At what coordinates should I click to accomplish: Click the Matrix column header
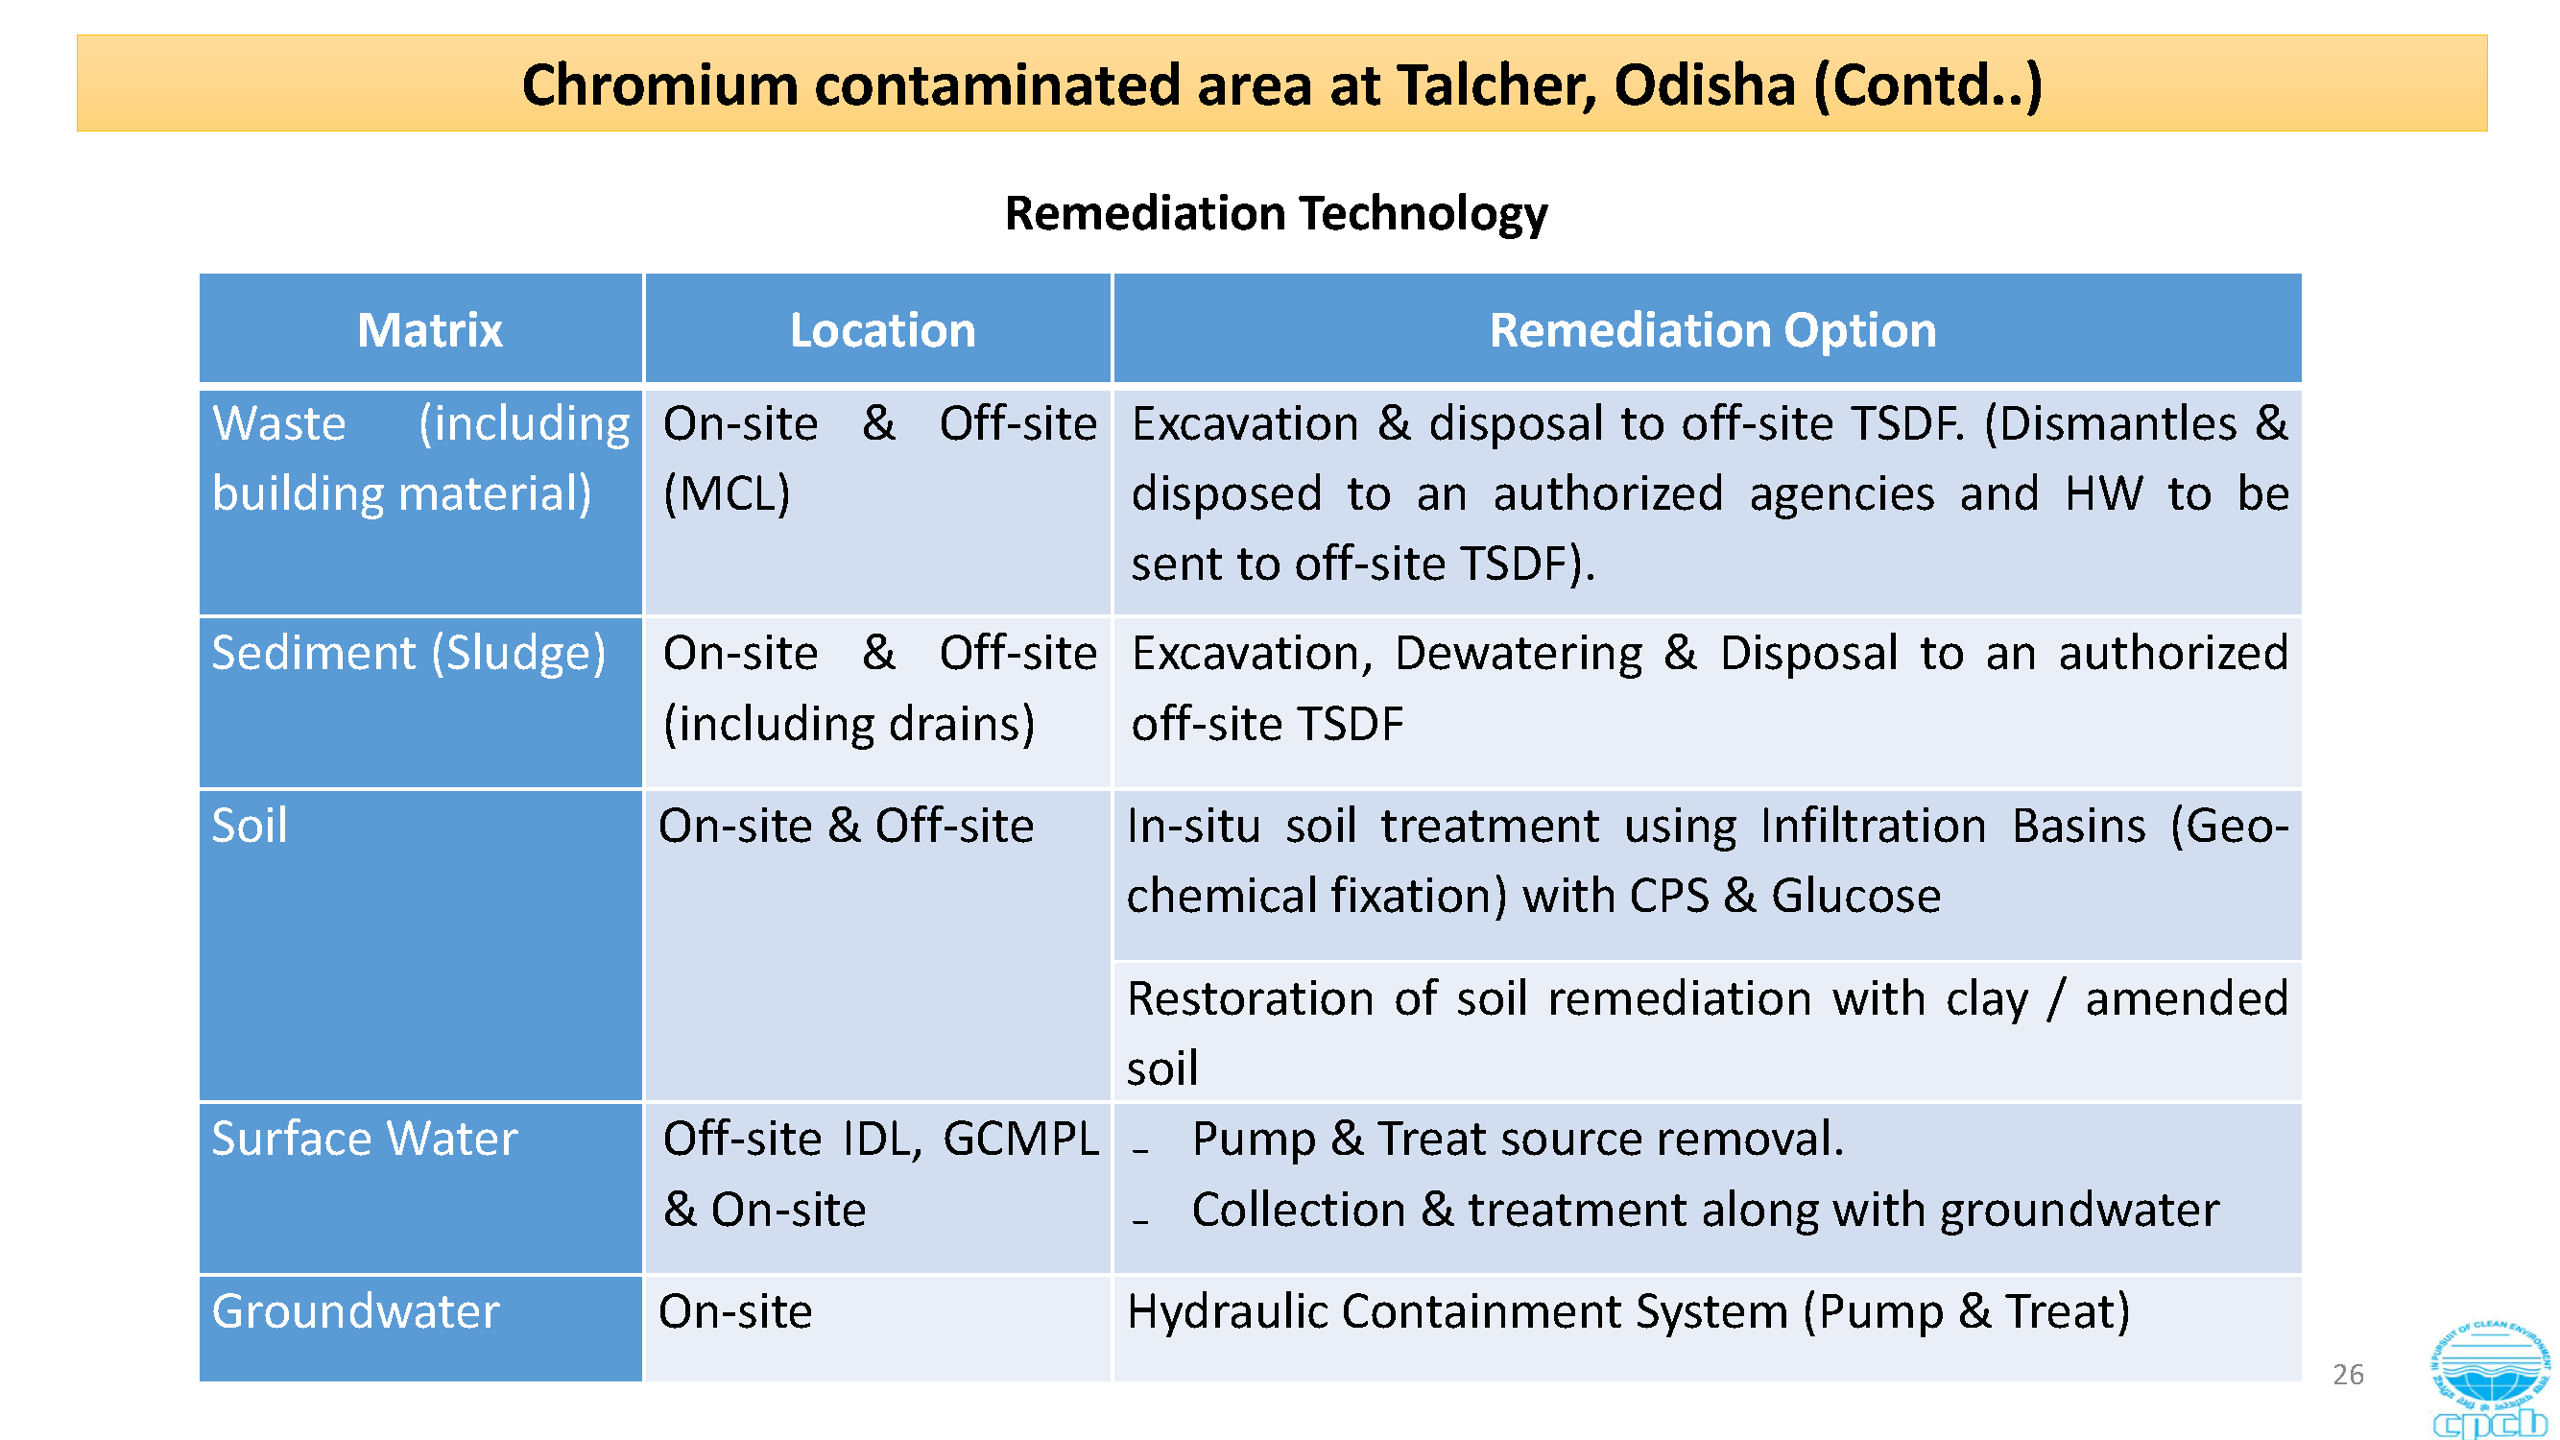429,330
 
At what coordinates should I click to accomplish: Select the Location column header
882,330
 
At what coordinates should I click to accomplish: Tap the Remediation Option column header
1712,330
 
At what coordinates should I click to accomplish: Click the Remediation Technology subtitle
1276,214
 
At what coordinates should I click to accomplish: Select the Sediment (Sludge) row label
409,654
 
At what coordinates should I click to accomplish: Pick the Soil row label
250,826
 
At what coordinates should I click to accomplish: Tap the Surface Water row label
365,1138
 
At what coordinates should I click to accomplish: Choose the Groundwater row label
356,1310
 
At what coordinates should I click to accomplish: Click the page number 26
2348,1375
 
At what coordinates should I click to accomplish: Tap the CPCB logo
2489,1380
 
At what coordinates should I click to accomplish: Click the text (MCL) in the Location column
727,493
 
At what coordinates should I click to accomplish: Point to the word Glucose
1855,897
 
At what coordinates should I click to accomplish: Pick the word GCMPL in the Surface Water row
1020,1139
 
